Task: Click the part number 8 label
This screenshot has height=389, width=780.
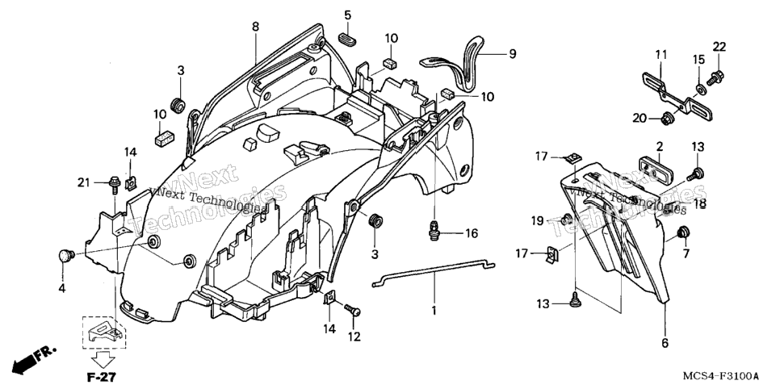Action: coord(255,27)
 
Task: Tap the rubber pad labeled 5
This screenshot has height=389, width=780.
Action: coord(348,39)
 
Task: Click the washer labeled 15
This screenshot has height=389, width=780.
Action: coord(699,90)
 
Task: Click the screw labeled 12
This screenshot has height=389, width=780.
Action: coord(352,309)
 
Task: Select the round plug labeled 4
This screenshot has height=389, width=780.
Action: coord(65,256)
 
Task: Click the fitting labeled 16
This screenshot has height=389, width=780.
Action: coord(434,231)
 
